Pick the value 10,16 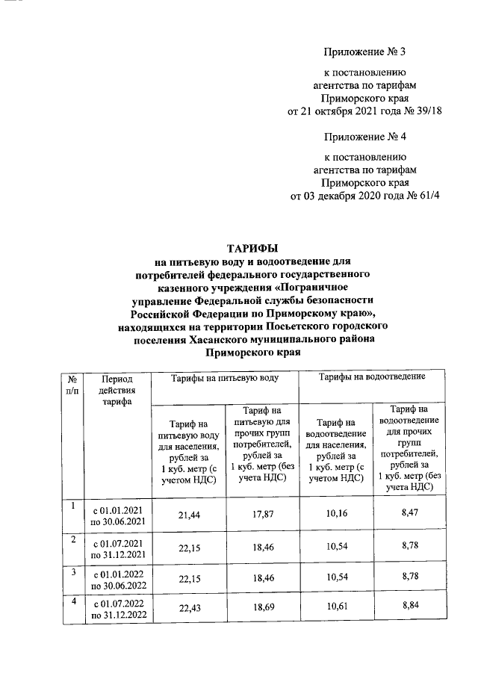tap(335, 515)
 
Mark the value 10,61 tap(335, 609)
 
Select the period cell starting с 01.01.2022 tap(118, 580)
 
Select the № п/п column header tap(72, 384)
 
